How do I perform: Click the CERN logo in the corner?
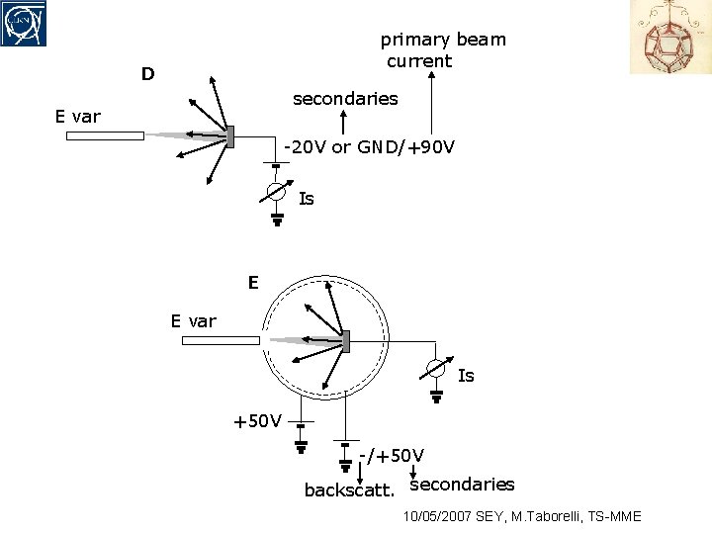click(x=24, y=23)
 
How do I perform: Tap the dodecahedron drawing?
click(x=670, y=38)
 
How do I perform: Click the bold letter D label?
click(x=147, y=74)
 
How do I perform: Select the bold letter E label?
click(x=253, y=283)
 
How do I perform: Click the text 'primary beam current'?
click(x=442, y=50)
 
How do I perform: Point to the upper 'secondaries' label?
click(x=345, y=98)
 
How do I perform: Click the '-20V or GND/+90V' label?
click(x=369, y=147)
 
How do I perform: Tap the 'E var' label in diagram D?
click(x=78, y=117)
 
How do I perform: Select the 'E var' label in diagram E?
click(x=193, y=320)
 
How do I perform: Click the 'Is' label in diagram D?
click(x=307, y=199)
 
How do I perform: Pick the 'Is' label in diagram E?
click(x=466, y=376)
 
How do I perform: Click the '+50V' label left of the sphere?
click(x=257, y=421)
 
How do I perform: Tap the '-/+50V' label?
click(x=392, y=455)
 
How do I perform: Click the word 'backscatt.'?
click(x=349, y=490)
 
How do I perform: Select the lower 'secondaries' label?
click(x=462, y=484)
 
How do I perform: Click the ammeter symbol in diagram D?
click(x=277, y=191)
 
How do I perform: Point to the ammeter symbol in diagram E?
click(x=436, y=368)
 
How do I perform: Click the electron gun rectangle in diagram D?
click(x=105, y=135)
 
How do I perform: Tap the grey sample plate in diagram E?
click(x=346, y=340)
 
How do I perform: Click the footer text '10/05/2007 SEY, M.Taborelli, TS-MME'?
click(x=522, y=516)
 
